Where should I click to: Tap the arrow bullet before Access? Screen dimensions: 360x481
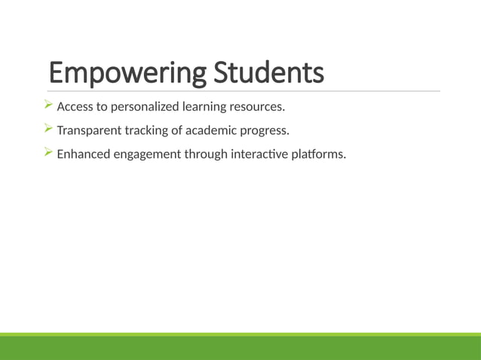click(48, 104)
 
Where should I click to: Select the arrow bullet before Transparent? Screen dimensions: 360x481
click(48, 129)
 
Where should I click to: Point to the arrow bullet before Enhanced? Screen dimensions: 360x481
click(48, 153)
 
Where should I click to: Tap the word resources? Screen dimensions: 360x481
click(259, 106)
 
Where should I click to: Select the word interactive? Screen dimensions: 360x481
click(264, 154)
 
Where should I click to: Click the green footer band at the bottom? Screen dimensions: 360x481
click(240, 348)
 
